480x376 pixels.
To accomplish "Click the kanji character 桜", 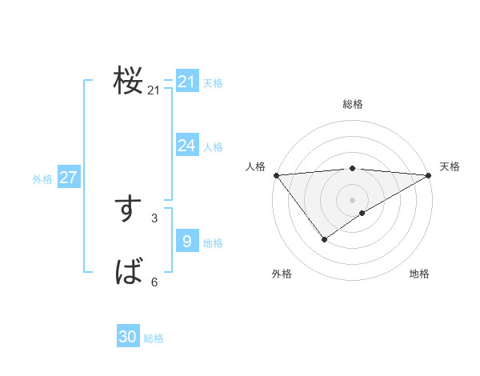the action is coord(128,81).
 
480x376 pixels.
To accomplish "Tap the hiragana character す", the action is coord(128,209).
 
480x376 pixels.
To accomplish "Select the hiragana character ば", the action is coord(128,273).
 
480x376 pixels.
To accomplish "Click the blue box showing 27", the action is coord(68,178).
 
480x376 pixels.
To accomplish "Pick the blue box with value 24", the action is coord(187,146).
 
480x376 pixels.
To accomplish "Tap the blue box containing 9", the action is coord(187,242).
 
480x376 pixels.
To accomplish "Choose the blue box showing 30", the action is coord(128,337).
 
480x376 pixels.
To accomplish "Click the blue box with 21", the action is coord(187,82).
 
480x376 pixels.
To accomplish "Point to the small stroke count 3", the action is coord(154,218).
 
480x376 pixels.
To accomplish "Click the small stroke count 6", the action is coord(154,282).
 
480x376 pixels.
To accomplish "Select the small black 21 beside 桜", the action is coord(154,90).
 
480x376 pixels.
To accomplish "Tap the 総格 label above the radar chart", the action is coord(353,104).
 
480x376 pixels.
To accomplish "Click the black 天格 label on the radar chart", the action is coord(450,166).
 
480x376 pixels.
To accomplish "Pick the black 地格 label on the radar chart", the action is coord(419,274).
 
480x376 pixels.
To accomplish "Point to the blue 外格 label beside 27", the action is coord(42,179).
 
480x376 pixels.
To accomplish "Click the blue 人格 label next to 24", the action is coord(213,147).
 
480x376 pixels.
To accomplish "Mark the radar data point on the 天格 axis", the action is coord(429,175).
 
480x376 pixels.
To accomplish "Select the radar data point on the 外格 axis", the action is coord(324,238).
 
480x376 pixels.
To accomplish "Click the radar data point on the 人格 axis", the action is coord(276,175).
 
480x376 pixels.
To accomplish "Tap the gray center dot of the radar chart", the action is coord(352,199).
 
